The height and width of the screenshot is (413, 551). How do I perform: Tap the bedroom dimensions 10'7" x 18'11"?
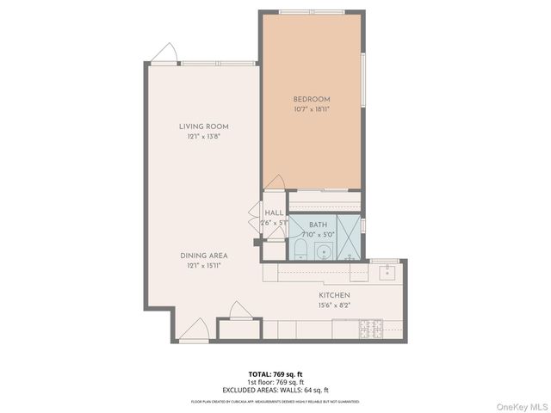click(x=311, y=109)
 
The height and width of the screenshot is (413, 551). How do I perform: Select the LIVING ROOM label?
click(x=203, y=126)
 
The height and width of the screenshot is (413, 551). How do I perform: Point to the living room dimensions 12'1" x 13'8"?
click(x=203, y=137)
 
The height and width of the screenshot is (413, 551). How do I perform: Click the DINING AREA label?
click(x=203, y=256)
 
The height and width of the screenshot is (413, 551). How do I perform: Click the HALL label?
click(x=274, y=213)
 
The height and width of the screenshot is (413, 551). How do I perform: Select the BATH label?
click(x=319, y=224)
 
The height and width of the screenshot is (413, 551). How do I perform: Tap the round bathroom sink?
click(x=324, y=252)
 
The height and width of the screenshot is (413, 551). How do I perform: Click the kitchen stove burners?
click(x=369, y=329)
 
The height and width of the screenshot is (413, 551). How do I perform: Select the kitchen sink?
click(x=385, y=272)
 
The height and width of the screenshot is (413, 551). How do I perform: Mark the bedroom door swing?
click(x=275, y=183)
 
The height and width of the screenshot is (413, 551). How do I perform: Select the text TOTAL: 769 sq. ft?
click(x=275, y=373)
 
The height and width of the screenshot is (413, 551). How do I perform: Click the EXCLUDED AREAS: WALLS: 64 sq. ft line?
click(x=275, y=389)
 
